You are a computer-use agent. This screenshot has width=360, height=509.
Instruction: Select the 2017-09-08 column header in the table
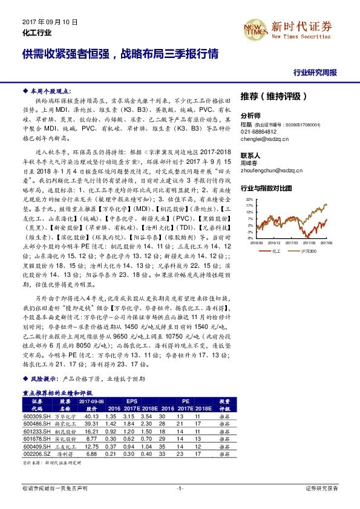pos(92,401)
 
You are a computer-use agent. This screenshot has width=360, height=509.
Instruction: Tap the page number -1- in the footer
pos(180,488)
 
